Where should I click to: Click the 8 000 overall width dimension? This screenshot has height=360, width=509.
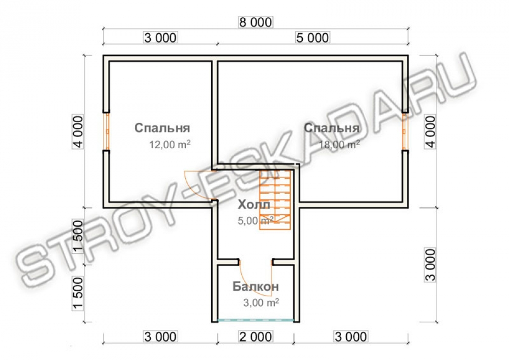pyautogui.click(x=256, y=22)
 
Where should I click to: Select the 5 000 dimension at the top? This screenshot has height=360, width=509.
pyautogui.click(x=313, y=38)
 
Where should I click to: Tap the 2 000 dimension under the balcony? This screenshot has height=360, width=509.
pyautogui.click(x=256, y=337)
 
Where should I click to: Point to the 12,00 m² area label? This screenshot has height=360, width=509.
pyautogui.click(x=170, y=144)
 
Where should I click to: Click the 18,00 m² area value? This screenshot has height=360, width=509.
pyautogui.click(x=340, y=144)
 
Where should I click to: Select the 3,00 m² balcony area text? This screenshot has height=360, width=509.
pyautogui.click(x=261, y=302)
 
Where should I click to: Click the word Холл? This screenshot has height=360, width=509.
pyautogui.click(x=254, y=205)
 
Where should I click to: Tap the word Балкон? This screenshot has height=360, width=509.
pyautogui.click(x=256, y=286)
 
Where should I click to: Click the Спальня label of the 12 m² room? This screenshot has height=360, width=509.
pyautogui.click(x=162, y=128)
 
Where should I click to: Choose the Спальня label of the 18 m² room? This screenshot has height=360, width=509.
pyautogui.click(x=332, y=128)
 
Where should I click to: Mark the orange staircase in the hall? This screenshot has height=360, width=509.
pyautogui.click(x=275, y=200)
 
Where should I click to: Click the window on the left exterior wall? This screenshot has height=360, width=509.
pyautogui.click(x=106, y=131)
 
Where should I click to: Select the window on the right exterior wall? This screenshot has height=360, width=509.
pyautogui.click(x=405, y=131)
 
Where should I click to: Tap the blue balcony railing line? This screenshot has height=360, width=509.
pyautogui.click(x=256, y=320)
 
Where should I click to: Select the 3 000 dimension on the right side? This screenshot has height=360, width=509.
pyautogui.click(x=430, y=265)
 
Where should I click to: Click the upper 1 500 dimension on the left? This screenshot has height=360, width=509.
pyautogui.click(x=78, y=236)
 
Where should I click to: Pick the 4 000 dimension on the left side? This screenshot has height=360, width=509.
pyautogui.click(x=78, y=131)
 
